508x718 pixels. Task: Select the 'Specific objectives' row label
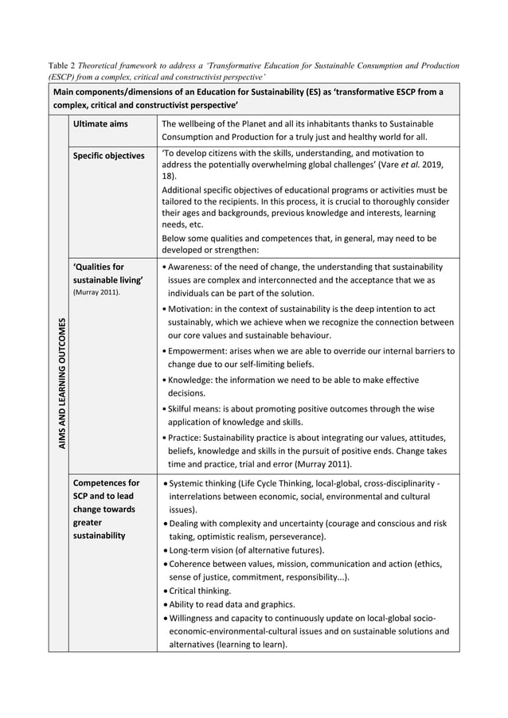click(x=109, y=155)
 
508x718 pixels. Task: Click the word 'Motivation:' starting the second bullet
click(x=191, y=308)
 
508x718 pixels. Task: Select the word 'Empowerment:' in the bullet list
click(x=198, y=350)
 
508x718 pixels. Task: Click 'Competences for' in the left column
click(x=105, y=482)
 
